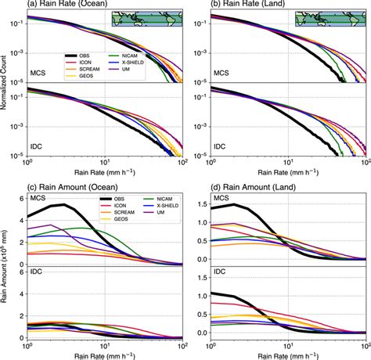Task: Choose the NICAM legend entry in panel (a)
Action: tap(133, 56)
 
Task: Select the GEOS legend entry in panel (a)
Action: tap(78, 77)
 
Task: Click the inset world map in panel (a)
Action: tap(146, 19)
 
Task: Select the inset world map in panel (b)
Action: tap(330, 19)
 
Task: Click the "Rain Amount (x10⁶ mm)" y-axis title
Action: tap(5, 270)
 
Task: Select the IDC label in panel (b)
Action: tap(219, 146)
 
